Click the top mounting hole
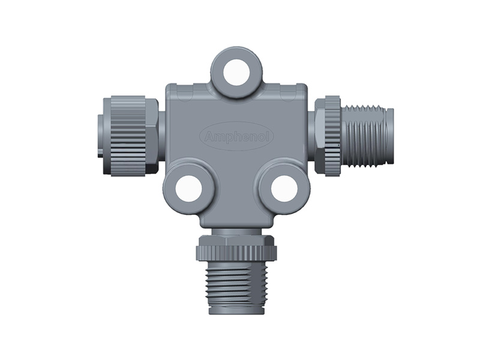[236, 72]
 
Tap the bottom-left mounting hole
[188, 188]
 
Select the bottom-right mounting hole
[284, 188]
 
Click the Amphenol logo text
[237, 137]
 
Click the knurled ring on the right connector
[332, 136]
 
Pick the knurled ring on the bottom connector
[236, 253]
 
